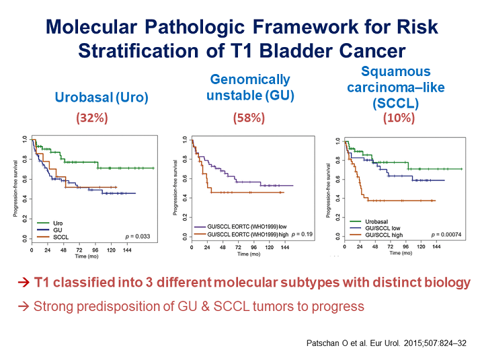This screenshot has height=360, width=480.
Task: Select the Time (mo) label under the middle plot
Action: click(243, 255)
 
